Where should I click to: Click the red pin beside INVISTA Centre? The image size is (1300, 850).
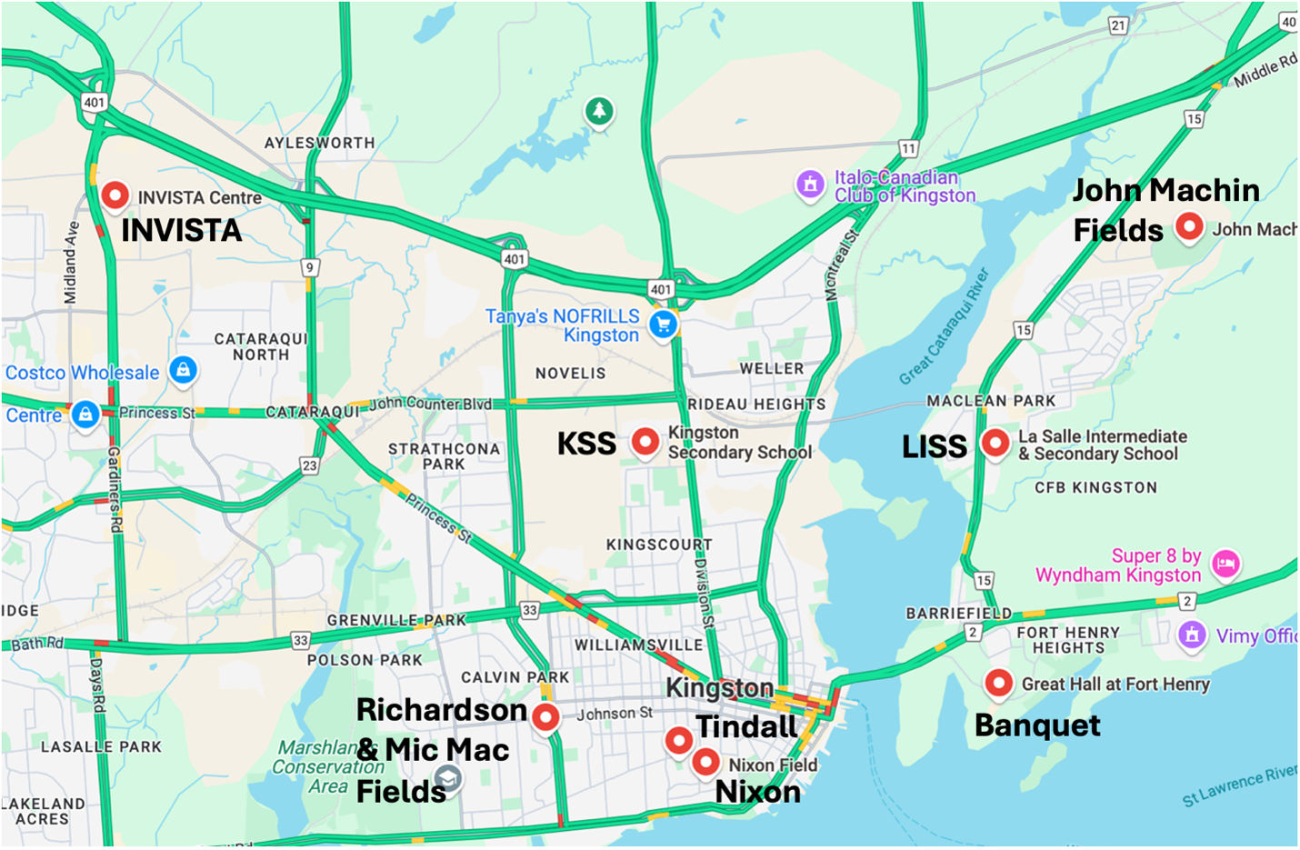tap(115, 195)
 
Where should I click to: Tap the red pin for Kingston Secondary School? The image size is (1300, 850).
tap(645, 441)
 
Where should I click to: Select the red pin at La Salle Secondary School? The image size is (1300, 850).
tap(995, 443)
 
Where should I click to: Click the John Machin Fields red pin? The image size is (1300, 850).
tap(1189, 225)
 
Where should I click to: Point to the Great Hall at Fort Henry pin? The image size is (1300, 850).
tap(998, 683)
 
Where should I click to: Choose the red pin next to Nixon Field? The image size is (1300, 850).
tap(705, 762)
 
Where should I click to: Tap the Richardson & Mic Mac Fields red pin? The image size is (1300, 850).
tap(545, 716)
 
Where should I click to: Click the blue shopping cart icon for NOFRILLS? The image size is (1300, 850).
tap(664, 324)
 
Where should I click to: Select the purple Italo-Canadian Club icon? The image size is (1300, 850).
tap(810, 185)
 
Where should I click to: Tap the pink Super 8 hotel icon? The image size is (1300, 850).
tap(1225, 564)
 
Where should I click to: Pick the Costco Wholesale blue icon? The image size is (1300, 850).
tap(183, 370)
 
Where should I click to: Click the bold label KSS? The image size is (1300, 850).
tap(586, 444)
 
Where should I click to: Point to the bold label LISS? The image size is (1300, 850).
tap(934, 446)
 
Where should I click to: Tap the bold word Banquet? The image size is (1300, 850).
tap(1037, 725)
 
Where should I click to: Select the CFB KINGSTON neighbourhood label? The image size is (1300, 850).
tap(1095, 487)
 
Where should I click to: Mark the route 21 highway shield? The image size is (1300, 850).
tap(1118, 25)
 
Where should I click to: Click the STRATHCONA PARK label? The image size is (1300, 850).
tap(444, 456)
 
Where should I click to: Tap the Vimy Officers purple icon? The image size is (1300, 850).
tap(1192, 635)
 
